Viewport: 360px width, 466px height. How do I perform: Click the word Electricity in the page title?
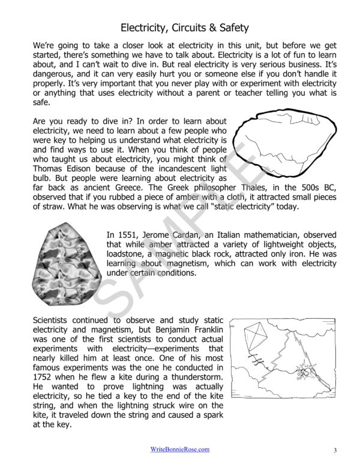[x=143, y=28]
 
